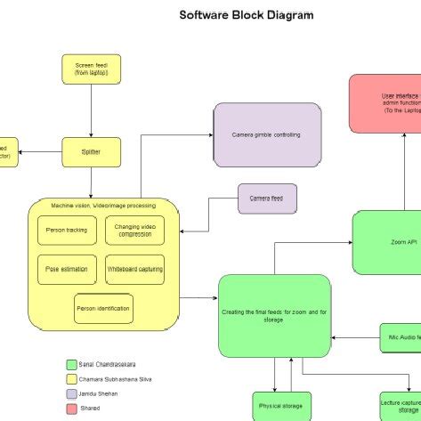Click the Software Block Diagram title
247,15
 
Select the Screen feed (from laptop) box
91,69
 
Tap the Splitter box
91,152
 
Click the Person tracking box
65,231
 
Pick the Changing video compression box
134,231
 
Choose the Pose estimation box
65,269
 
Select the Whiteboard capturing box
134,269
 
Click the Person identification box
103,309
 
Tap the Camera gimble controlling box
267,134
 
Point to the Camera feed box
267,198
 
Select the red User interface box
385,103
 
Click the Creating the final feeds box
274,315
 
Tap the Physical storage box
281,406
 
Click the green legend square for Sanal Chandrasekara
71,365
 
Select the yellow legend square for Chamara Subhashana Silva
71,379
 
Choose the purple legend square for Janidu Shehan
71,393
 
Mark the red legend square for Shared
71,408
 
